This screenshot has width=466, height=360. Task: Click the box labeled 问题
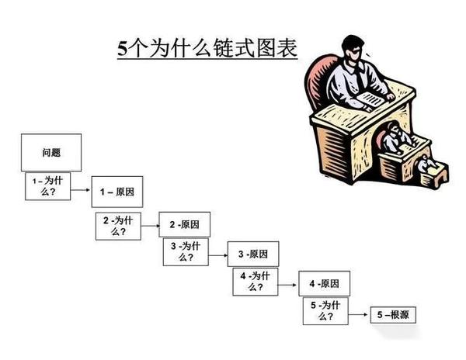51,153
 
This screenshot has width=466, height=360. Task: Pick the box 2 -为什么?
118,224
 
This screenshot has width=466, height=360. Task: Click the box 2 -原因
185,224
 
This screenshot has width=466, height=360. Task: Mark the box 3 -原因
252,254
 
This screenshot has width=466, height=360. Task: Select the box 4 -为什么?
255,280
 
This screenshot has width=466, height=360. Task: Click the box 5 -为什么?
325,311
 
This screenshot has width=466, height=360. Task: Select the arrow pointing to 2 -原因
151,225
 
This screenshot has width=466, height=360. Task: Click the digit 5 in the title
122,48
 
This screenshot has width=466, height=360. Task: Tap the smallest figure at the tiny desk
425,164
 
